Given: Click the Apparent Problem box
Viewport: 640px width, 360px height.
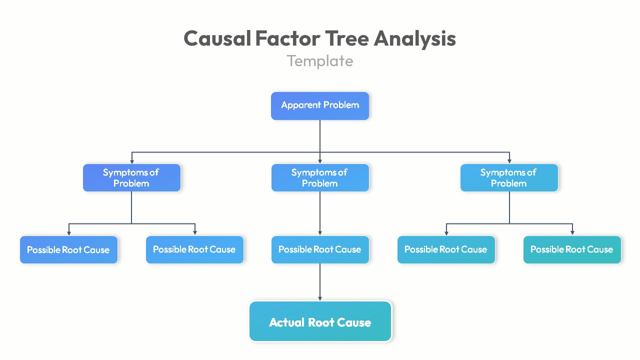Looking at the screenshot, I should click(320, 105).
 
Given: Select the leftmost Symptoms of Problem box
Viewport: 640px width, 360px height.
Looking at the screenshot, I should click(131, 177).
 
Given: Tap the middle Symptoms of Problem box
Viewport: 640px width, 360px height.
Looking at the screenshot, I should click(320, 177).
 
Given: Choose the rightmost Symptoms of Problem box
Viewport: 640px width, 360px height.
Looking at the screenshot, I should click(509, 177).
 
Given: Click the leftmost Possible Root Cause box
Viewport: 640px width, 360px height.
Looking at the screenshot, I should click(68, 249).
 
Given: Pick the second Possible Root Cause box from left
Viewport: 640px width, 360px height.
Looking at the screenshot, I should click(194, 249).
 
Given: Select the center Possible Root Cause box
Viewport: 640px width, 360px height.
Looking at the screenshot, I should click(320, 249).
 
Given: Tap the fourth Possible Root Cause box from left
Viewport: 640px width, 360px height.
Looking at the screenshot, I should click(446, 249).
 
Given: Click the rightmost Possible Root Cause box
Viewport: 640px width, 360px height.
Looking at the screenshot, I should click(572, 249).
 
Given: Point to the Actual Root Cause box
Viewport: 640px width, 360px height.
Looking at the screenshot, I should click(320, 321).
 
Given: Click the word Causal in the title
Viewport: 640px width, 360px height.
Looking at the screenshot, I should click(217, 38).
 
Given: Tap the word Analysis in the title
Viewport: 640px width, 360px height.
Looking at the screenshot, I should click(414, 38).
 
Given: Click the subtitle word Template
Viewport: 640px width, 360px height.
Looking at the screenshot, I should click(320, 61).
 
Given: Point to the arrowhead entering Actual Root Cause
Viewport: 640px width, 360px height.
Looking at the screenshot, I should click(320, 298).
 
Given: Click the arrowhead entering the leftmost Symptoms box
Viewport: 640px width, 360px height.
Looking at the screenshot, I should click(131, 161).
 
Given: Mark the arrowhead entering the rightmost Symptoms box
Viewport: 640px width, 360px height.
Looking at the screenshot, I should click(509, 161).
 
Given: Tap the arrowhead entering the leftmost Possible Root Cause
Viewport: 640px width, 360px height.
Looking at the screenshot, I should click(69, 232).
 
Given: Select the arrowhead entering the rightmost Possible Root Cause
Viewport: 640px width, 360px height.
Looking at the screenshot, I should click(572, 232).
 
